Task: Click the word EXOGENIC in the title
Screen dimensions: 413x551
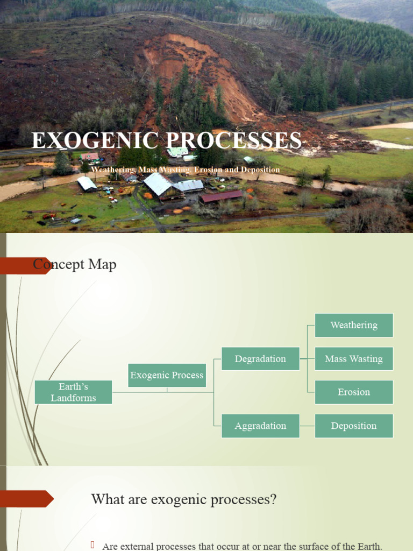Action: tap(95, 140)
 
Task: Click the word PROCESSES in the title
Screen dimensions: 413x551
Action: tap(234, 140)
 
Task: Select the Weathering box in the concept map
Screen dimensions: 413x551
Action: tap(354, 325)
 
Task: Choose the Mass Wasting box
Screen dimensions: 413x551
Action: tap(354, 359)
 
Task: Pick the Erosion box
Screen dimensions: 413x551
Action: tap(354, 392)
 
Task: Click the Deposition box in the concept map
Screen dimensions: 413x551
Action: tap(354, 426)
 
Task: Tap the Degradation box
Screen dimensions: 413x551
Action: tap(260, 359)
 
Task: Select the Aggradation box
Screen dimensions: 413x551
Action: tap(260, 426)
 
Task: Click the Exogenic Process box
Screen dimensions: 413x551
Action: tap(167, 375)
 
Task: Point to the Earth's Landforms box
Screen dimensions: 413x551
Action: tap(73, 392)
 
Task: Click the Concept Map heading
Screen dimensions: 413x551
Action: tap(75, 264)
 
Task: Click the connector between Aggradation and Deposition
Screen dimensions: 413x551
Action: tap(307, 426)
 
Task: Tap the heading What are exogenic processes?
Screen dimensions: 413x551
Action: tap(184, 499)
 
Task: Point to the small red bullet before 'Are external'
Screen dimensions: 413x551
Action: tap(93, 545)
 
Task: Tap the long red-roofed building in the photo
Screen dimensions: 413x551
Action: tap(221, 196)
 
